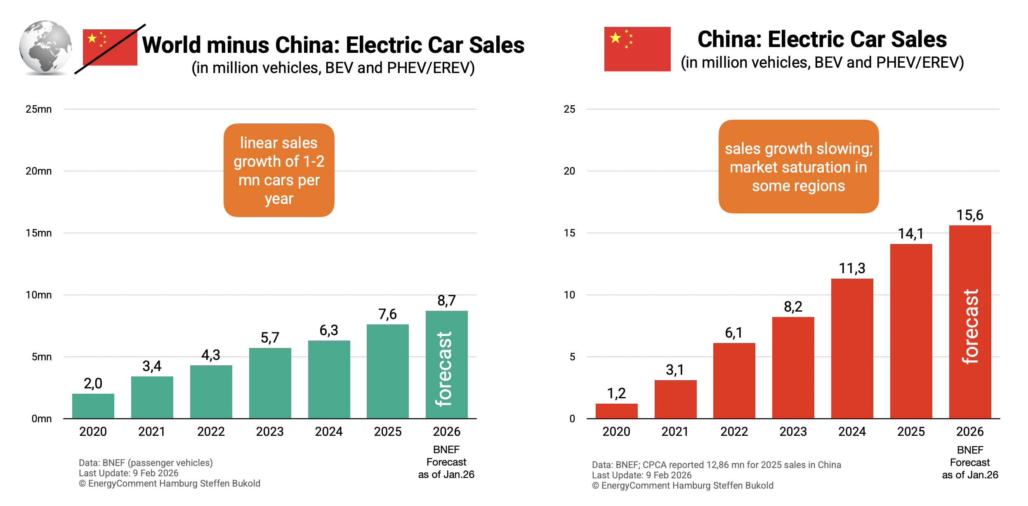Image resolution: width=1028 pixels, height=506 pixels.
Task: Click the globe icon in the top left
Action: pos(45,47)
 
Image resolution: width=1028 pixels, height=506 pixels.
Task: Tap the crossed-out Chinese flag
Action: pos(110,47)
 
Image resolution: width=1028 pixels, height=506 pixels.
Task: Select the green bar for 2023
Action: pos(270,383)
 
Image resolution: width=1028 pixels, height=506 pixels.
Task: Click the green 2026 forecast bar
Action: pos(446,364)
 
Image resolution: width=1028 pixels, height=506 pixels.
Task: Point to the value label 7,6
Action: pos(387,314)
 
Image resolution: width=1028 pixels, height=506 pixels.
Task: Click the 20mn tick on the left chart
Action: pos(39,171)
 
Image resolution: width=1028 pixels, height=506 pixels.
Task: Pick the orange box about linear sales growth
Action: pos(279,170)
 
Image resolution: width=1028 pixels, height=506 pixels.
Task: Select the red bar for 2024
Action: pos(852,348)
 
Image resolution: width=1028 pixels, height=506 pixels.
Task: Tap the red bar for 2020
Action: pos(616,411)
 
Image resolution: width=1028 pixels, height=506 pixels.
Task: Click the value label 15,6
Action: pos(970,215)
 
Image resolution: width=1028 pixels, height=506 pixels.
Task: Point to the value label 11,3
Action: pos(852,269)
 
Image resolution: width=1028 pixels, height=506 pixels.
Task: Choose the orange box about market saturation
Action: pos(798,167)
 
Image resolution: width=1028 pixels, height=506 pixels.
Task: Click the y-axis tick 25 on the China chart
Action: pos(569,109)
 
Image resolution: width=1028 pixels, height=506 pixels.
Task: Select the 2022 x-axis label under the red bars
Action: pos(734,432)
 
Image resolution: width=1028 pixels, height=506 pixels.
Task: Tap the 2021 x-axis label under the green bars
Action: pos(152,432)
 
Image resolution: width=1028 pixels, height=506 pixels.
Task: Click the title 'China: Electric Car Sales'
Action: pos(822,40)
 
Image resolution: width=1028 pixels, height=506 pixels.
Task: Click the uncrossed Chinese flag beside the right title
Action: pos(637,49)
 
